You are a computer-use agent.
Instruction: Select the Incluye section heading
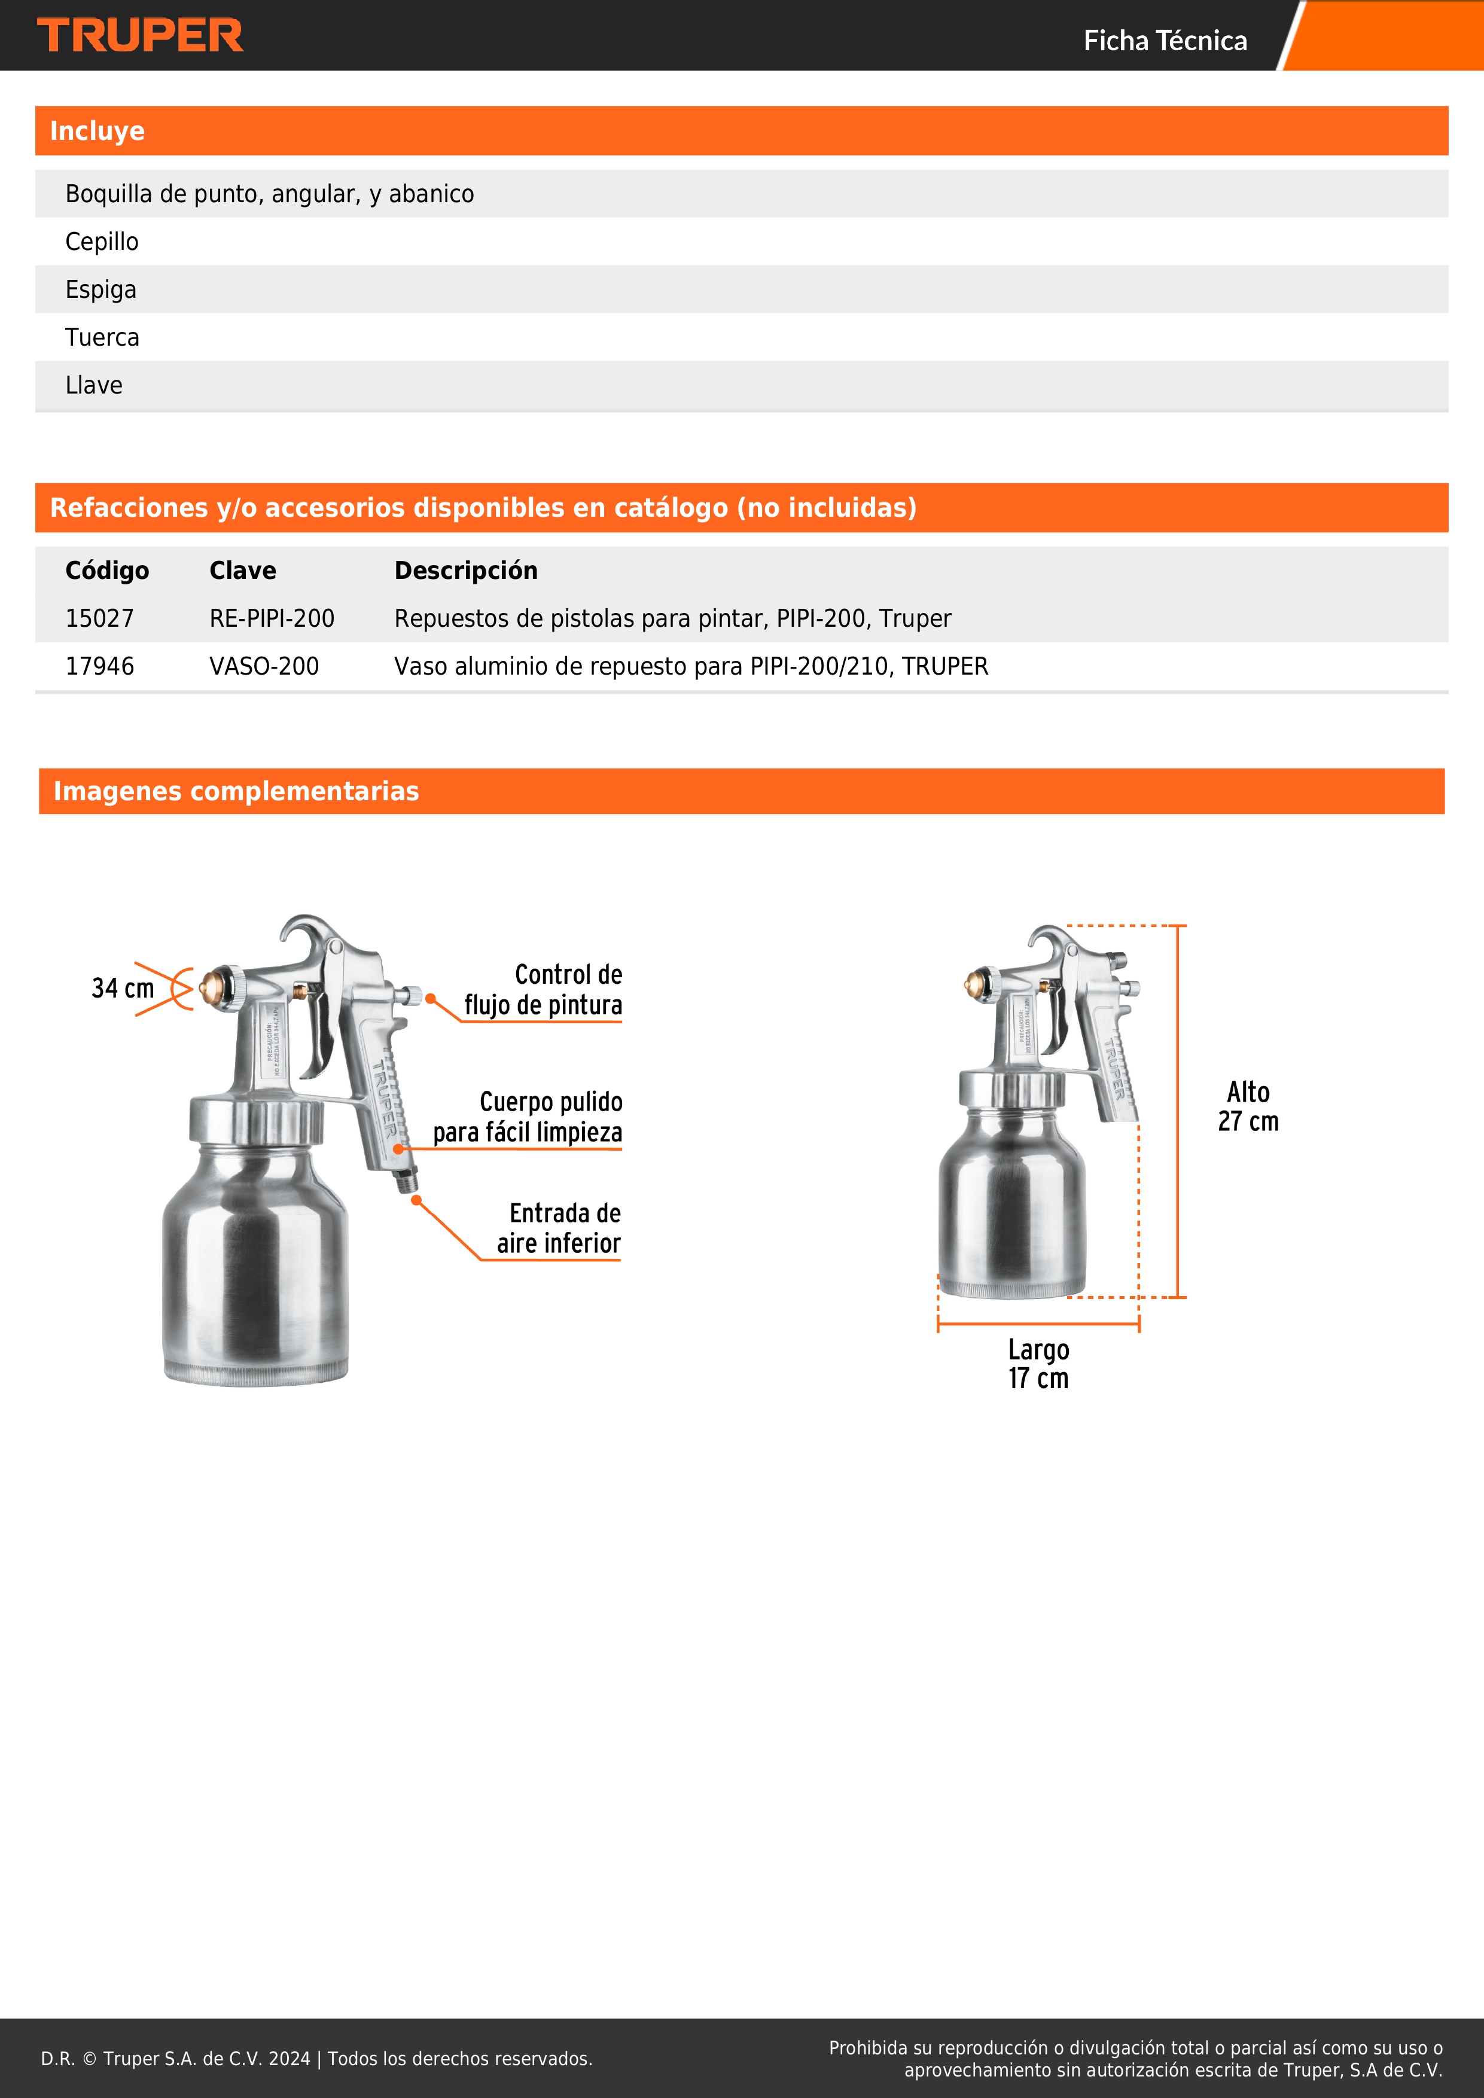pyautogui.click(x=97, y=130)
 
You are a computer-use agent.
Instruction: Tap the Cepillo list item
pyautogui.click(x=102, y=242)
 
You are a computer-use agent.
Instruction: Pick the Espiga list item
pyautogui.click(x=100, y=289)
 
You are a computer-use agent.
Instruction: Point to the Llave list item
pyautogui.click(x=93, y=386)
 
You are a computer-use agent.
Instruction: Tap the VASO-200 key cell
pyautogui.click(x=264, y=666)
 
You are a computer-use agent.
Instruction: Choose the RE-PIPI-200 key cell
pyautogui.click(x=272, y=618)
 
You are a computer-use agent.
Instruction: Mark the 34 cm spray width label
pyautogui.click(x=123, y=988)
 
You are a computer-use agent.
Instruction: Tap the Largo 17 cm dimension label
pyautogui.click(x=1038, y=1364)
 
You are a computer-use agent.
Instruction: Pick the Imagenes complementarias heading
pyautogui.click(x=236, y=791)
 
